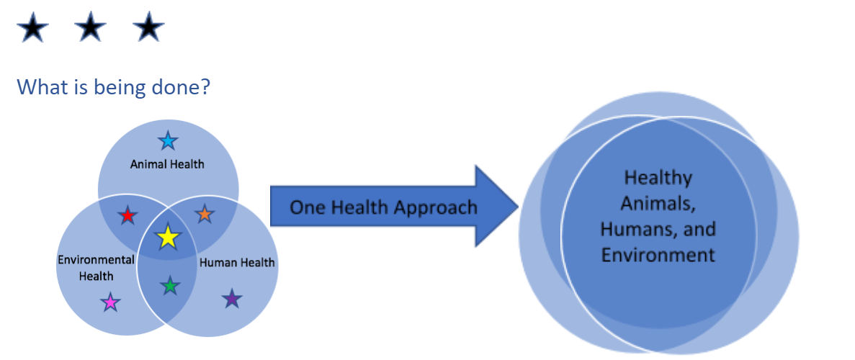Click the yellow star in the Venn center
point(167,237)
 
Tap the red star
point(127,215)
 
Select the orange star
point(205,213)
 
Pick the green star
point(169,286)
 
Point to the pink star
point(110,302)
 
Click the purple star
point(231,298)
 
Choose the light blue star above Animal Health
point(167,140)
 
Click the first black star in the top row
point(33,30)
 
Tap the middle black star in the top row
point(91,30)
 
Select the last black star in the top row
point(148,30)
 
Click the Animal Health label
point(167,164)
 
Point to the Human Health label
point(237,263)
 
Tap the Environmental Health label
point(96,267)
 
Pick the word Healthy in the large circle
point(658,177)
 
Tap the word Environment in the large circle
point(658,254)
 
